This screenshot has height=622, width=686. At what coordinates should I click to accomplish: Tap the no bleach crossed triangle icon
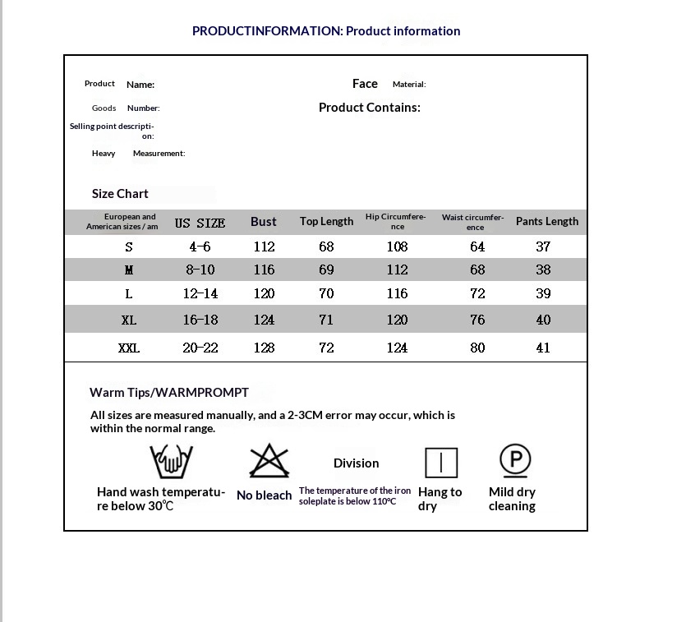click(269, 462)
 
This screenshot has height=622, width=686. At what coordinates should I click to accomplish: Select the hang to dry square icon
click(440, 463)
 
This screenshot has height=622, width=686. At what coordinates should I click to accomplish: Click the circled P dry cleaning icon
click(515, 459)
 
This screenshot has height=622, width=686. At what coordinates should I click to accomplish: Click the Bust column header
click(264, 222)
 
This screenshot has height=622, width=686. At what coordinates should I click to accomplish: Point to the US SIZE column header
click(200, 223)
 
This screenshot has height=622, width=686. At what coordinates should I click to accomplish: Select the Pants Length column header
click(546, 221)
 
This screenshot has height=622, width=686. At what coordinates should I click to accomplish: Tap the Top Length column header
click(326, 221)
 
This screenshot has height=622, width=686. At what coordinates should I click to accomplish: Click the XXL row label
click(129, 348)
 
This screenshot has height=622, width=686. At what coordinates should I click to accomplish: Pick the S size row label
click(129, 246)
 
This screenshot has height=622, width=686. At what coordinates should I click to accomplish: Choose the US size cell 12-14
click(200, 293)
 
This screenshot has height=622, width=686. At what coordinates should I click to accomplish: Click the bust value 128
click(264, 348)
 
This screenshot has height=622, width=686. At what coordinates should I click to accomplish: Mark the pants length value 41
click(543, 348)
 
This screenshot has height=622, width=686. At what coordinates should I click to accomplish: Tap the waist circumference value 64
click(477, 246)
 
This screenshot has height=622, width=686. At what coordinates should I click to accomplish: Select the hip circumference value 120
click(397, 320)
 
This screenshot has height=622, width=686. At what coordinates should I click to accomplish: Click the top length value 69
click(326, 270)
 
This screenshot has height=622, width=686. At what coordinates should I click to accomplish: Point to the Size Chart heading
click(120, 194)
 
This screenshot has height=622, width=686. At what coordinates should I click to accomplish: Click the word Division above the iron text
click(356, 463)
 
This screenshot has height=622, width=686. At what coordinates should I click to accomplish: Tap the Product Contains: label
click(369, 108)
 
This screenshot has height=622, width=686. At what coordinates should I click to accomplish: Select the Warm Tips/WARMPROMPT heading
click(168, 393)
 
